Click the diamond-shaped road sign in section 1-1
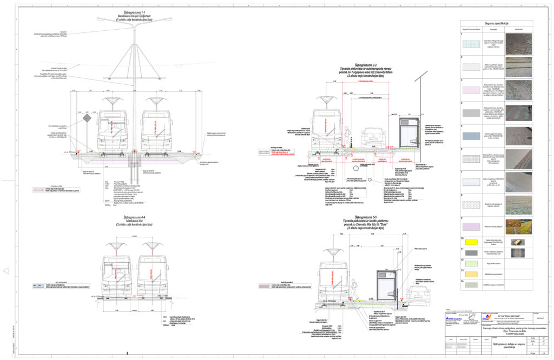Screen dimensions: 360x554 pos(85,118)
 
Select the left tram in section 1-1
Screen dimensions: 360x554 pos(113,130)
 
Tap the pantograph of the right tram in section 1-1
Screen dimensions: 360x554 pos(156,101)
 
